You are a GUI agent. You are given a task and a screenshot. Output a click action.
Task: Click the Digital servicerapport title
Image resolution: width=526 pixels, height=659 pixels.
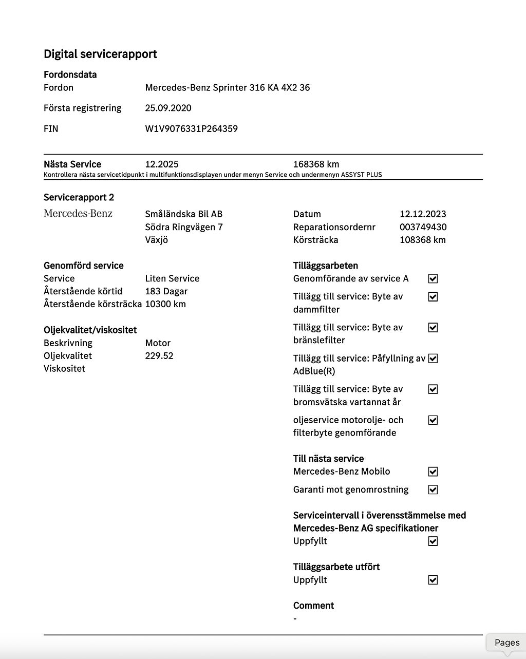pos(100,54)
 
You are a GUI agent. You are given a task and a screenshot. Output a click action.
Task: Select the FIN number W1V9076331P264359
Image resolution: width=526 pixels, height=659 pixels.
pos(191,128)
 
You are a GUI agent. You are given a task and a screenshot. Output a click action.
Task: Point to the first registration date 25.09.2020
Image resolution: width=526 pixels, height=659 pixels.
pos(168,108)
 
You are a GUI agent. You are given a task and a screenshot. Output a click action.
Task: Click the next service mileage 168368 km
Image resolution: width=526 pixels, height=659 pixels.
pos(316,164)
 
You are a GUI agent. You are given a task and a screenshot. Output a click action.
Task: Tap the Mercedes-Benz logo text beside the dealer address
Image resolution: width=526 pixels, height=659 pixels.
pos(78,214)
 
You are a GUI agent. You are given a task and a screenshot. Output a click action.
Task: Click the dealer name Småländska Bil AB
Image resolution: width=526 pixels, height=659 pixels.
pos(183,214)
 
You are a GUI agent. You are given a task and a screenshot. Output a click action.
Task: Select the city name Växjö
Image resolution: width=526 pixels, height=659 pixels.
pos(156,240)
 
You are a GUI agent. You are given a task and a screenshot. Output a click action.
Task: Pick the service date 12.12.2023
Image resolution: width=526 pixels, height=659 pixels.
pos(423,214)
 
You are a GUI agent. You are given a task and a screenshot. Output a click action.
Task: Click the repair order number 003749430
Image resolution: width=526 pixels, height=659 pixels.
pos(423,227)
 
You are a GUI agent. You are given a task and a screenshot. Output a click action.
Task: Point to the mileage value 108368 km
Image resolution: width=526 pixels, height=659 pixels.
pos(422,240)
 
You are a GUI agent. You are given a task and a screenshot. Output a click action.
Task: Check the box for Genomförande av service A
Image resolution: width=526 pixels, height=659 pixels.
pos(433,278)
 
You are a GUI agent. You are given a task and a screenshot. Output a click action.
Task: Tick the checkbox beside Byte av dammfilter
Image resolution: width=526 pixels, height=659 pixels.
pos(433,297)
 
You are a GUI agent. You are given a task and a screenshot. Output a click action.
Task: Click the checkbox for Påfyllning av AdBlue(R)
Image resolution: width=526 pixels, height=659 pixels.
pos(433,359)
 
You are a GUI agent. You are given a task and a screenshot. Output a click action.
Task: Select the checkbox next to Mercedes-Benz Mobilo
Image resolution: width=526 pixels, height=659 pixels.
pos(433,472)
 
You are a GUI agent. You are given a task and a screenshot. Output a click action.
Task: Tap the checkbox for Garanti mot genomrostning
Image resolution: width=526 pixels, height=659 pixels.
pos(433,489)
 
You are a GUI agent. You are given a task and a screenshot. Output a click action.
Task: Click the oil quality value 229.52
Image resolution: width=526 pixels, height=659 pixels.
pos(159,355)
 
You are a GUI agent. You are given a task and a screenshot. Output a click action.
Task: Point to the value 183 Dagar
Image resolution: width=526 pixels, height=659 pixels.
pos(166,291)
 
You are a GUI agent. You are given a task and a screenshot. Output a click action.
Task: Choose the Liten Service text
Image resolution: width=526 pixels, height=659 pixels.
pos(172,278)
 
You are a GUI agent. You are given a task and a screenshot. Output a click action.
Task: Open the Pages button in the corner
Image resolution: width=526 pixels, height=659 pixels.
pos(506,643)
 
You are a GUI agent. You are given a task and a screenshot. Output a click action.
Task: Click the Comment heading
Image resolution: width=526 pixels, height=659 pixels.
pos(313,606)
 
